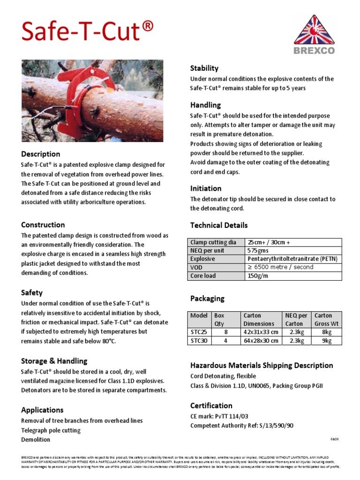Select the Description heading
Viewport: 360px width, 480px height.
point(40,154)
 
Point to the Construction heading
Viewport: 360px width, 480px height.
point(43,225)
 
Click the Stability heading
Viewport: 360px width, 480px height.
point(204,68)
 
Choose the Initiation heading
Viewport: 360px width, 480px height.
point(206,188)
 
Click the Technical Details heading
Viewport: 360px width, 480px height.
point(219,225)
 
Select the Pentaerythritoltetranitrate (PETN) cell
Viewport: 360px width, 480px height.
point(292,259)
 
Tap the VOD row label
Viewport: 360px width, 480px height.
point(196,267)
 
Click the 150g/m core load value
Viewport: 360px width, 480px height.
point(258,276)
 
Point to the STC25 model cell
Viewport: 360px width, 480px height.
point(199,332)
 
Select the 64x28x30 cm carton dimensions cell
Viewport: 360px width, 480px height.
point(261,341)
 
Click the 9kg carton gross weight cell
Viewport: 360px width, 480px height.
point(326,341)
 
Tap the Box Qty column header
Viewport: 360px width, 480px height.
point(219,319)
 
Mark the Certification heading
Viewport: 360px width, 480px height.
point(211,405)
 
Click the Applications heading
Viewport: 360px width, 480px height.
point(42,410)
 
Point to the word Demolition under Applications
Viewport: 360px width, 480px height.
point(36,440)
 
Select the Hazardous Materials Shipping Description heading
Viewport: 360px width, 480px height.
point(262,365)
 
